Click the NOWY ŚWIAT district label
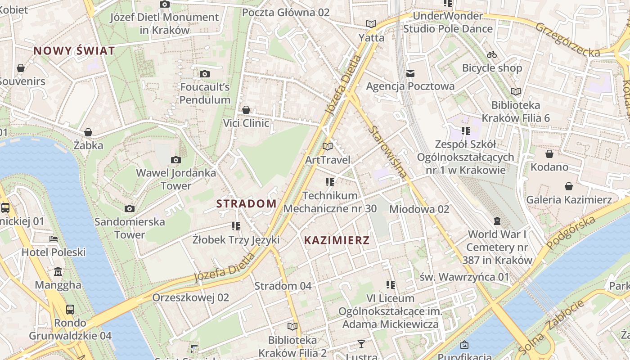pyautogui.click(x=74, y=51)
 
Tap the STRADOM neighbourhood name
pyautogui.click(x=247, y=203)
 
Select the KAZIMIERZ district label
pyautogui.click(x=337, y=240)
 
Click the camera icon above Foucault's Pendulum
pyautogui.click(x=205, y=74)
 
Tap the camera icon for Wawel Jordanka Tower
pyautogui.click(x=176, y=160)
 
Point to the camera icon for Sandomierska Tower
pyautogui.click(x=130, y=208)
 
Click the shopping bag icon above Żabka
pyautogui.click(x=88, y=132)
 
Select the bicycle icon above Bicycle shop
pyautogui.click(x=492, y=54)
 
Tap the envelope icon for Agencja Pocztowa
pyautogui.click(x=410, y=73)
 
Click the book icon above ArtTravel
pyautogui.click(x=328, y=146)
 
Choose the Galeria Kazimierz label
pyautogui.click(x=569, y=200)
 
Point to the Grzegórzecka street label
pyautogui.click(x=567, y=40)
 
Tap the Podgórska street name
pyautogui.click(x=571, y=232)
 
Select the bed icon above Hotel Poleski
pyautogui.click(x=54, y=238)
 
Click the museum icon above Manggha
pyautogui.click(x=58, y=272)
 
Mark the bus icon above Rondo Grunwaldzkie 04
pyautogui.click(x=70, y=310)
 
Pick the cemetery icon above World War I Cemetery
pyautogui.click(x=497, y=221)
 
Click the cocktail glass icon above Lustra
pyautogui.click(x=361, y=345)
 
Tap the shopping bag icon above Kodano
pyautogui.click(x=549, y=154)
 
